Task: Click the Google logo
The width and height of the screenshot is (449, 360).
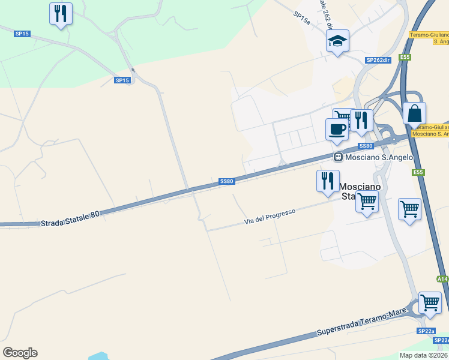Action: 20,353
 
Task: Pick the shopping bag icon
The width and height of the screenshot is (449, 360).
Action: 415,113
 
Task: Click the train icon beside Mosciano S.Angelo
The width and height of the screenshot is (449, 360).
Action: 339,157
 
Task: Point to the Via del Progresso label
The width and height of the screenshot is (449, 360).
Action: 270,217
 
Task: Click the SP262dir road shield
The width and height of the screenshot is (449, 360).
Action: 378,60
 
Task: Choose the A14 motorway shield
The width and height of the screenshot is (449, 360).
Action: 442,279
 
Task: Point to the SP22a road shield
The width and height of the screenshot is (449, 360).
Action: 425,331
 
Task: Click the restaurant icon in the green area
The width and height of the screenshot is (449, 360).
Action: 61,13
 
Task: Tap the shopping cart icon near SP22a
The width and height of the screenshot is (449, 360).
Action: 430,302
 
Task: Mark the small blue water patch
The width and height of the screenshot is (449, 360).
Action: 99,356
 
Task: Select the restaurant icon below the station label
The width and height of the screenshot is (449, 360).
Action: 328,180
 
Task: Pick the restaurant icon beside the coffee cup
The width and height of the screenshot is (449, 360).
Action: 361,119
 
